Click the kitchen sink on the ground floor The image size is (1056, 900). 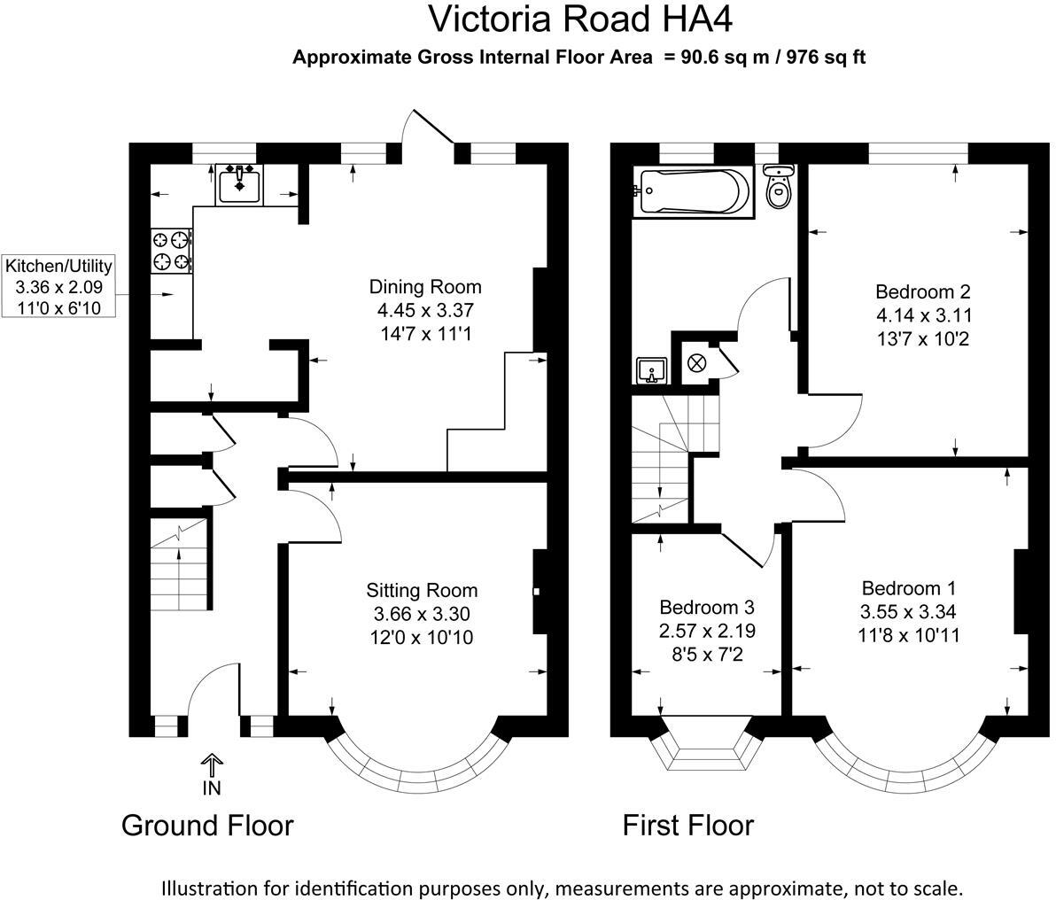[x=239, y=184]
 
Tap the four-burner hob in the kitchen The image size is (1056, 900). [x=172, y=250]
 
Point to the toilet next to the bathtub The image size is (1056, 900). [x=778, y=187]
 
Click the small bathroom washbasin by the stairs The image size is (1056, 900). [x=650, y=369]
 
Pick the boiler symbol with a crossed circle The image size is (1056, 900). [x=696, y=362]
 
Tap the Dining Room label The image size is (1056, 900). [x=425, y=287]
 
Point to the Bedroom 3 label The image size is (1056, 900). [x=706, y=608]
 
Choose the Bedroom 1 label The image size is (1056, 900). [x=908, y=588]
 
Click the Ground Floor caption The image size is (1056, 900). [x=206, y=826]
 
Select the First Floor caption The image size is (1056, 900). [x=687, y=826]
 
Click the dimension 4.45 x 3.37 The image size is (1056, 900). [x=425, y=311]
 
